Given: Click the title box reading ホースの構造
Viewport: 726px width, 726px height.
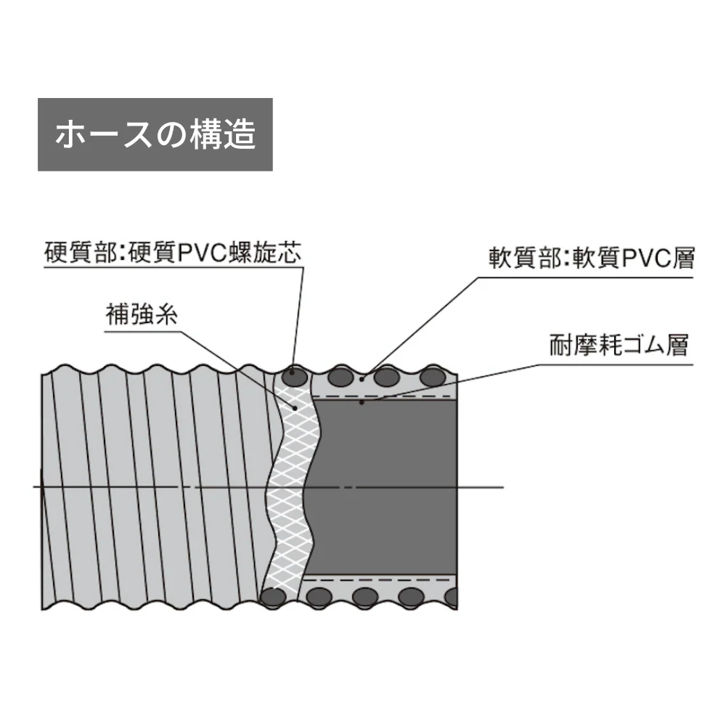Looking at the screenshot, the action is (x=155, y=134).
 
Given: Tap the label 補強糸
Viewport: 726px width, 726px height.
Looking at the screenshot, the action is (x=142, y=314).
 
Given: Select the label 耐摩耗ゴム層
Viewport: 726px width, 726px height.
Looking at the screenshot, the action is (x=619, y=345).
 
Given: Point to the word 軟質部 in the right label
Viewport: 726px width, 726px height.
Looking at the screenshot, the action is (x=525, y=258).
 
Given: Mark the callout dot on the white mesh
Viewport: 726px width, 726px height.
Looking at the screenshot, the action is (x=295, y=407).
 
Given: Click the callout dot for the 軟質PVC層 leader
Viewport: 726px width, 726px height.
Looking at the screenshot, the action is (x=362, y=379).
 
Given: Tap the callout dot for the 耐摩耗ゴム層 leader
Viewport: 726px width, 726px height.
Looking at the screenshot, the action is (x=362, y=402).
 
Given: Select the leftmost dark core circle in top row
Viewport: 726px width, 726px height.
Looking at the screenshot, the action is (x=295, y=378).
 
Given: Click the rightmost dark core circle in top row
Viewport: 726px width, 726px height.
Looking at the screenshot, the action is (x=433, y=377).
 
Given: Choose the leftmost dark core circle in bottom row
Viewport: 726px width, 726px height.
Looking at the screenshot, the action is (x=273, y=597).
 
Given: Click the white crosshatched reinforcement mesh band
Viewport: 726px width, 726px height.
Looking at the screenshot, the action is (x=291, y=486).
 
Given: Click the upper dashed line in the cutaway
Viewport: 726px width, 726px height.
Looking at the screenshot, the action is (x=382, y=396).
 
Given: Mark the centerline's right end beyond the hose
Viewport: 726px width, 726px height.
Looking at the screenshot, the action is (x=503, y=487).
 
